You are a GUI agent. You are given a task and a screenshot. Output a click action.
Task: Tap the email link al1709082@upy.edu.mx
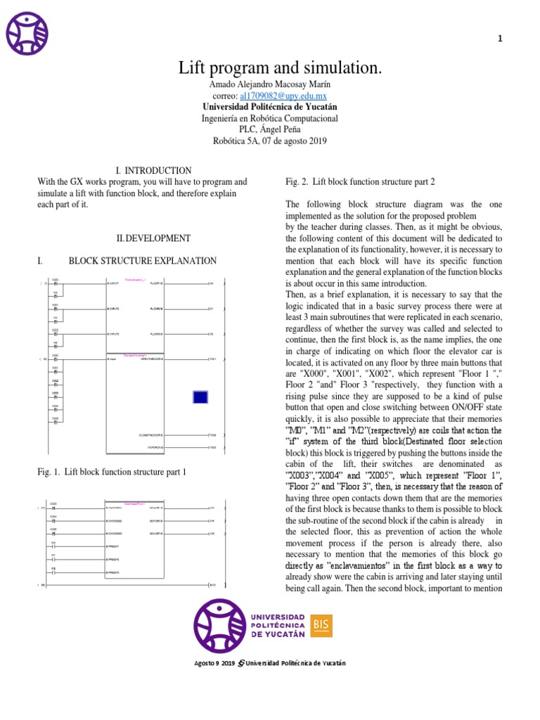pos(283,96)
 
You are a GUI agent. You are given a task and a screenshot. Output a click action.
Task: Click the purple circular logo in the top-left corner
pos(27,33)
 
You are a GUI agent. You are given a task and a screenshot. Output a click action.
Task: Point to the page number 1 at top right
pos(500,39)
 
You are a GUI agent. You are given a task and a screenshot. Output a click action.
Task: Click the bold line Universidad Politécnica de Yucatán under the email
pos(269,108)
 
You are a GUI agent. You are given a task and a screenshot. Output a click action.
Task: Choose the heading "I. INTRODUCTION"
pos(153,171)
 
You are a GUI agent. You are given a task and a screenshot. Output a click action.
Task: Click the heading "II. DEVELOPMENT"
pos(153,238)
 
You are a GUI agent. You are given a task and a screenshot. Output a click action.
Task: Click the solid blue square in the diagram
pos(200,397)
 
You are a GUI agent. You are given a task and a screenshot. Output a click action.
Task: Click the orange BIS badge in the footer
pos(322,624)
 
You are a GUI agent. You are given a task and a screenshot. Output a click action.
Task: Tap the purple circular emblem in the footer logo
pos(219,624)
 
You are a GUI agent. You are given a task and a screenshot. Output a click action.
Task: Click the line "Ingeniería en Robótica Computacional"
pos(269,119)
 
